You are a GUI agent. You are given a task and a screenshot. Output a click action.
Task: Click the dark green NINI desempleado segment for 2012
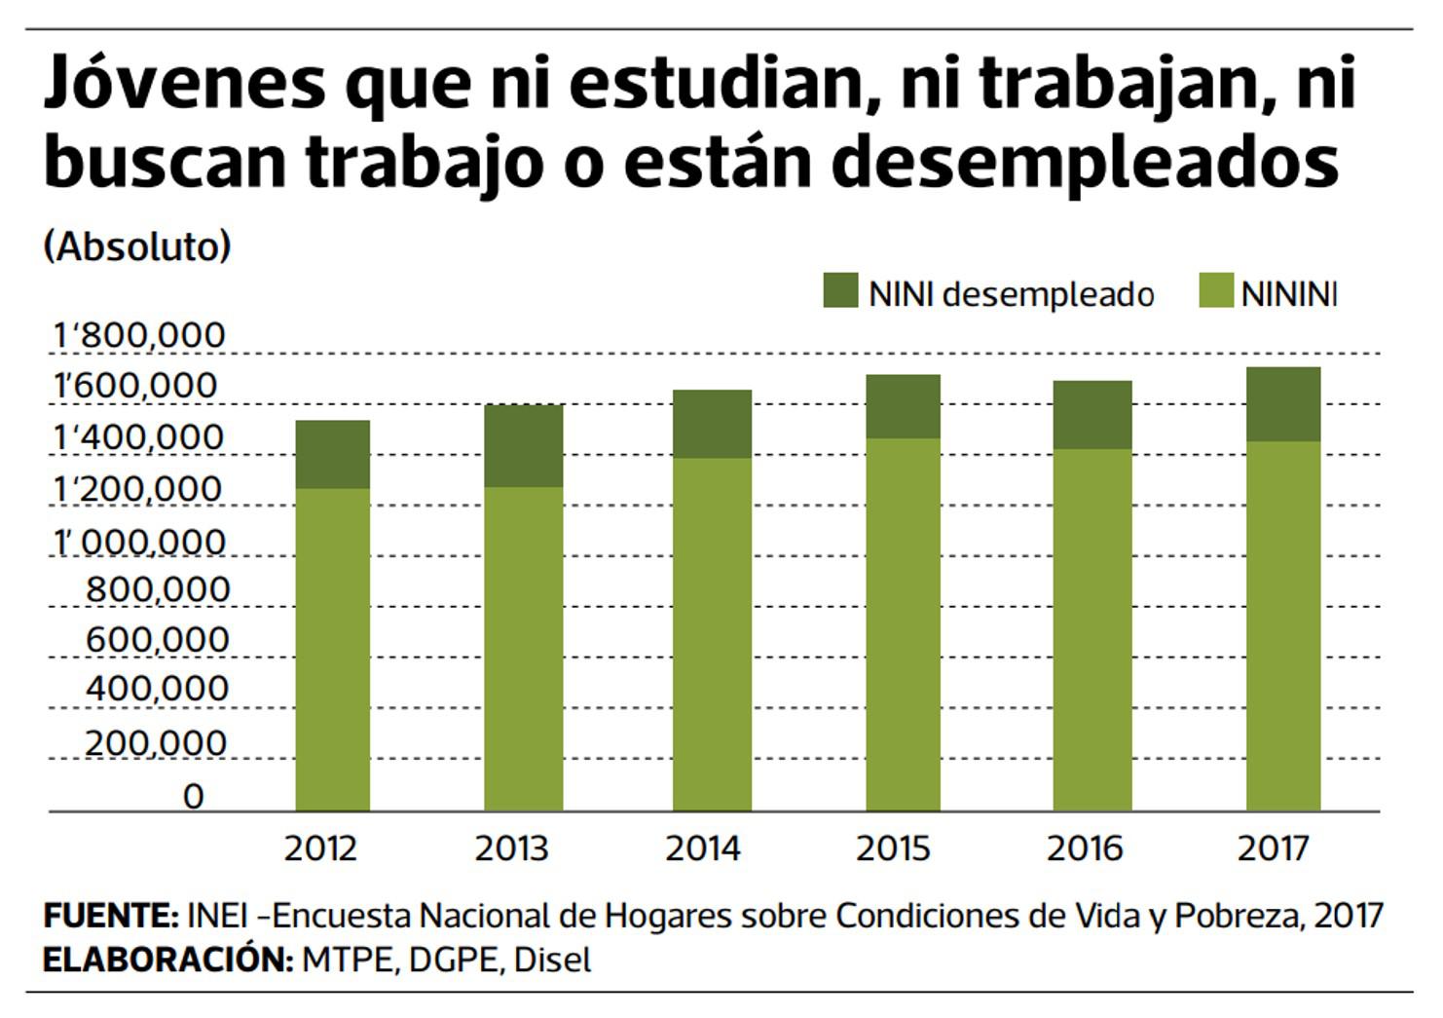click(x=332, y=454)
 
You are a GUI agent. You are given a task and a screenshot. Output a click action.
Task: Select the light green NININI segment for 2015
click(x=903, y=623)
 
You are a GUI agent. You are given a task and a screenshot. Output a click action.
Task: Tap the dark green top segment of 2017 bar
click(x=1283, y=404)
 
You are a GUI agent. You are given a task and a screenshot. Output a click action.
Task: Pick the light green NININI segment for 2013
click(x=523, y=648)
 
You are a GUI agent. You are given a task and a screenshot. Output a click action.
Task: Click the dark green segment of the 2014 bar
click(x=712, y=424)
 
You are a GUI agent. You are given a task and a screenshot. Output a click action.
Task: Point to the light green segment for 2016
click(x=1091, y=629)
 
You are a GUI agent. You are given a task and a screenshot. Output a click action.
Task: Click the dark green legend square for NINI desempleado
click(x=840, y=291)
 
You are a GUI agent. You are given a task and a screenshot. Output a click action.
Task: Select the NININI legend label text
click(x=1289, y=294)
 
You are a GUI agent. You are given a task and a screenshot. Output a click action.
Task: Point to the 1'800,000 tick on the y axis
click(x=139, y=336)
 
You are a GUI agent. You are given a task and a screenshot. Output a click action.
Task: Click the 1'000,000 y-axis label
click(x=139, y=542)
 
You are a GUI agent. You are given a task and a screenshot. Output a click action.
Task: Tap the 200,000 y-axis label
click(x=156, y=743)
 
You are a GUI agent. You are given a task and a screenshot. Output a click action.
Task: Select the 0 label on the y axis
click(x=194, y=797)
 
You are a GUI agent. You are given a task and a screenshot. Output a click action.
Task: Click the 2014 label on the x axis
click(x=702, y=848)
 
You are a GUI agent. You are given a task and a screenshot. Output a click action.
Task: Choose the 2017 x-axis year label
click(x=1274, y=848)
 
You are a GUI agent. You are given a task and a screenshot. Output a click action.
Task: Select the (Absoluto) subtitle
click(x=137, y=246)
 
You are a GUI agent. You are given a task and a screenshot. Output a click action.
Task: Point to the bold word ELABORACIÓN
click(x=167, y=960)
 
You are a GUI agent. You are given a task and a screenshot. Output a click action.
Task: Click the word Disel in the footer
click(x=552, y=960)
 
